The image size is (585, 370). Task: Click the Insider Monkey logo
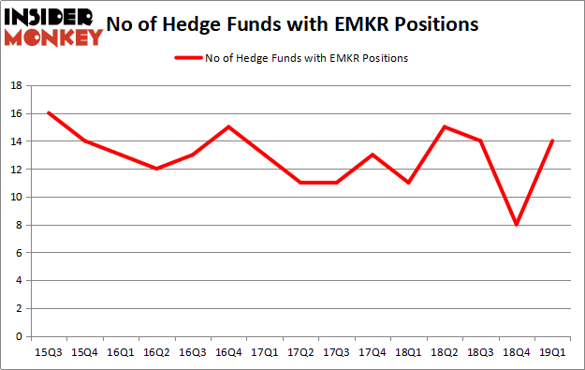tap(53, 26)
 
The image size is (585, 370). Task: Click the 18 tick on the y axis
tap(16, 85)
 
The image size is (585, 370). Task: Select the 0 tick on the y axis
tap(19, 336)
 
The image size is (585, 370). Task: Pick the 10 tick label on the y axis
tap(16, 197)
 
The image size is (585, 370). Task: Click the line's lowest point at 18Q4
tap(516, 225)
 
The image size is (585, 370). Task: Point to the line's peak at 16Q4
tap(228, 126)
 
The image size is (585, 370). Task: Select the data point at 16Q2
tap(156, 169)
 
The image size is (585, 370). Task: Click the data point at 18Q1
tap(408, 183)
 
